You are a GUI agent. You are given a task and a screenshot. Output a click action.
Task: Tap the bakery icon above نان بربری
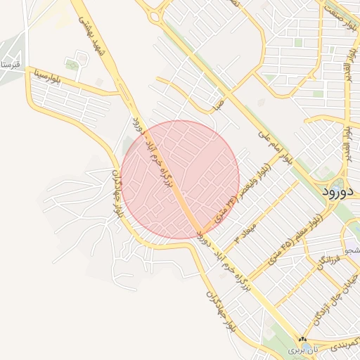click(x=302, y=339)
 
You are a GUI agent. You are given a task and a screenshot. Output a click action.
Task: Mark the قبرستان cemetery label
click(x=12, y=65)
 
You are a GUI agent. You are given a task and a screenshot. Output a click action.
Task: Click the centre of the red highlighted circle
click(x=180, y=179)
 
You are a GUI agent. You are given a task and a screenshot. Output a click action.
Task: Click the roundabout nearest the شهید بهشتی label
click(x=154, y=15)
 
